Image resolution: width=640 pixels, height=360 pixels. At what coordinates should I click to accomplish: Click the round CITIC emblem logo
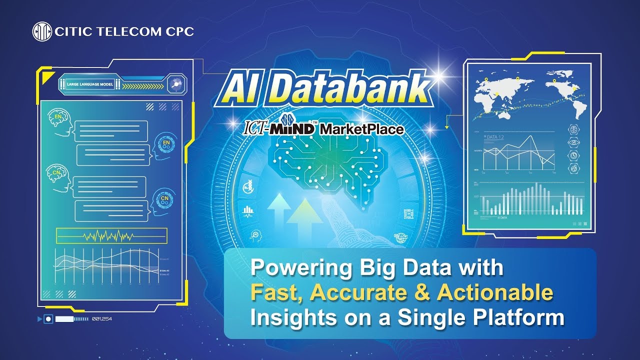tap(42, 32)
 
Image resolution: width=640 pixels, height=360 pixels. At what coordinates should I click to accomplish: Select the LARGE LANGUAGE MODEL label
tap(90, 84)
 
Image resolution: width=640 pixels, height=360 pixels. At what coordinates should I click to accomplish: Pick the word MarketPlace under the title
tap(361, 129)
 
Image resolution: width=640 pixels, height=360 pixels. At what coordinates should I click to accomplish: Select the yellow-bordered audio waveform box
tap(111, 235)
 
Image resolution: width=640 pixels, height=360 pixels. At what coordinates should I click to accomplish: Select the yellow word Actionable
tap(495, 293)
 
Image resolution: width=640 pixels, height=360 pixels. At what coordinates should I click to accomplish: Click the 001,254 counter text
tap(102, 318)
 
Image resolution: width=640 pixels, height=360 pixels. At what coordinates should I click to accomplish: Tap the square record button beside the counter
tap(48, 318)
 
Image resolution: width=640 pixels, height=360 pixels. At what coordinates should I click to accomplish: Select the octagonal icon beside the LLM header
tap(176, 84)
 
